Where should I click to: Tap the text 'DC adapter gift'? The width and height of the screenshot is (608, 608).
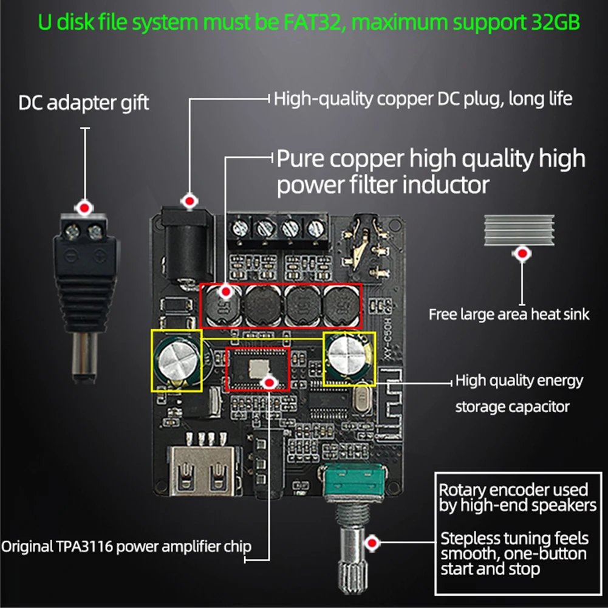click(x=84, y=103)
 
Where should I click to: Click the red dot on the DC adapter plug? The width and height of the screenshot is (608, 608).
click(x=84, y=208)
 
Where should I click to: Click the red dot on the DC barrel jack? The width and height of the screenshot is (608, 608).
click(x=190, y=200)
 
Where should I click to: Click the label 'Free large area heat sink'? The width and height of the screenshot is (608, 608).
click(x=509, y=314)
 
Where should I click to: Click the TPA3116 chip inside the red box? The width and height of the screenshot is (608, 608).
click(x=257, y=368)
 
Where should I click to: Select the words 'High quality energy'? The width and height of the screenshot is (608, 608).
click(x=519, y=381)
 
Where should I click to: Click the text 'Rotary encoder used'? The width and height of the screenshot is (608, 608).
click(x=513, y=490)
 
